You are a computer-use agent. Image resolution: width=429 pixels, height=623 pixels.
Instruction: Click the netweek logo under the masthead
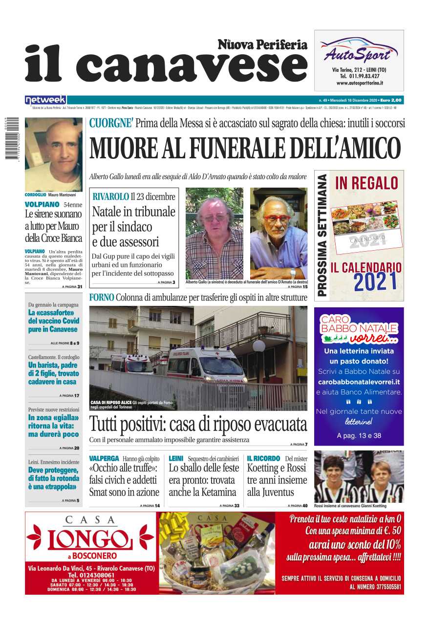[45, 100]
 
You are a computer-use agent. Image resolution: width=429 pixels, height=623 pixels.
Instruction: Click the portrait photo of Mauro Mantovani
[54, 154]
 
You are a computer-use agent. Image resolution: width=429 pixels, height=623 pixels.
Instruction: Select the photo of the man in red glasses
[279, 233]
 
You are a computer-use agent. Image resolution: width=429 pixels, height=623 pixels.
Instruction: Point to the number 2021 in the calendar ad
[376, 282]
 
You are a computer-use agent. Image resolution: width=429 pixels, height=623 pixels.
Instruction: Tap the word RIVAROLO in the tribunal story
[110, 196]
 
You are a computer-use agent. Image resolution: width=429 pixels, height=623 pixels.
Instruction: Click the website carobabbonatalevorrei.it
[359, 382]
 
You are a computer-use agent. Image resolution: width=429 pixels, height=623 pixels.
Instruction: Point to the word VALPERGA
[104, 459]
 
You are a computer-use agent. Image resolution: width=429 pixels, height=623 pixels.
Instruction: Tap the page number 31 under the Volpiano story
[80, 287]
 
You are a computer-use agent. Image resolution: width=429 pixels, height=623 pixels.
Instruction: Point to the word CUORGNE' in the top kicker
[111, 124]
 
